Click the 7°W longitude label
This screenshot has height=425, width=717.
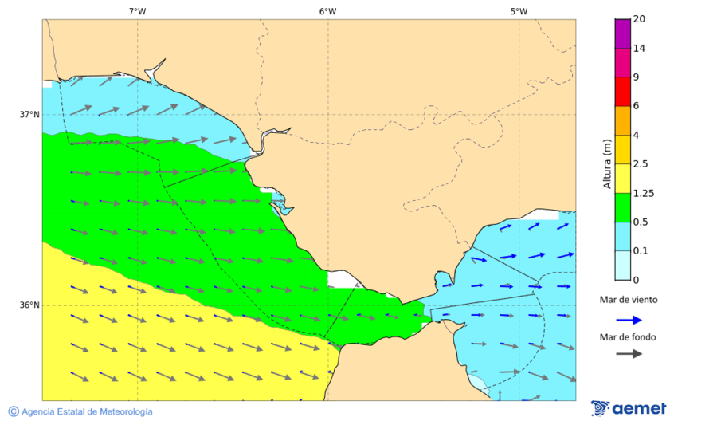click(137, 11)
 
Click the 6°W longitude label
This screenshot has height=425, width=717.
click(327, 11)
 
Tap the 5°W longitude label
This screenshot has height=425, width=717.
click(519, 11)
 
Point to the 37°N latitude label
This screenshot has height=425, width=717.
click(29, 114)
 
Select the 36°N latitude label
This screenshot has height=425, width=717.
click(29, 305)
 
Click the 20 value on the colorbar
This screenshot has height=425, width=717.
click(638, 19)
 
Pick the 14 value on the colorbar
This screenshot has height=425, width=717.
click(638, 49)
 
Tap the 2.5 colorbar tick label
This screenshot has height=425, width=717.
click(641, 164)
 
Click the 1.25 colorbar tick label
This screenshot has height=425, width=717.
click(643, 193)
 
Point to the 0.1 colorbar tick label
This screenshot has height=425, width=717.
click(641, 251)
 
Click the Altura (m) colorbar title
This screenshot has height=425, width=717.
click(607, 163)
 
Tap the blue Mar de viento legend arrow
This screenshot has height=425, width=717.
click(629, 320)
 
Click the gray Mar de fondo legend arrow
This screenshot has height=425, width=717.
click(629, 353)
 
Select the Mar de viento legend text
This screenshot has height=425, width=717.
click(629, 300)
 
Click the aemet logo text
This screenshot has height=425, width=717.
click(639, 409)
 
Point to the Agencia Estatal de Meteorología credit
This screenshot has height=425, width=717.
click(86, 411)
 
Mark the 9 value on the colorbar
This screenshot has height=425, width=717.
click(635, 77)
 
